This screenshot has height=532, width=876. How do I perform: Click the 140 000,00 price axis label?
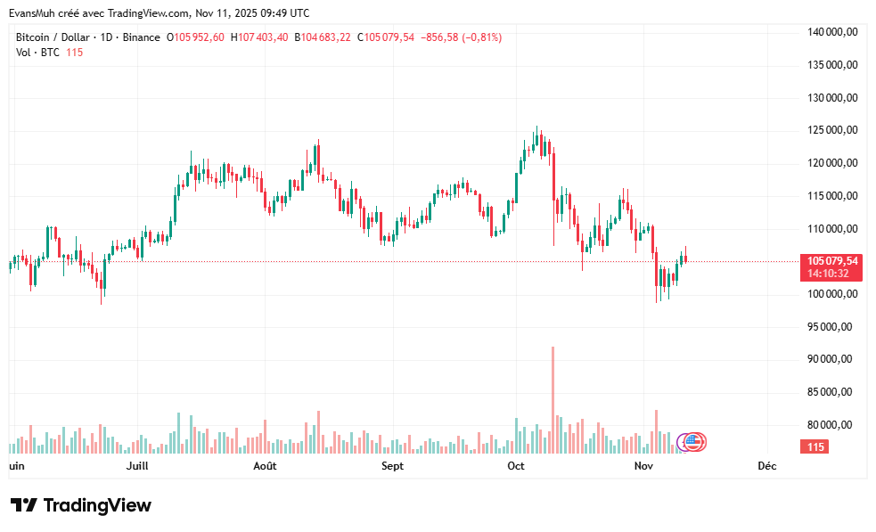(832, 32)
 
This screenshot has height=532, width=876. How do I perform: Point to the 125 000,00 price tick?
(832, 130)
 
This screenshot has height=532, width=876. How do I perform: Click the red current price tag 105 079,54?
(832, 261)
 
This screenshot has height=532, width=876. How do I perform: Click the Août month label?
(265, 466)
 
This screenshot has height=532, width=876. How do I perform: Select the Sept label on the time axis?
(392, 466)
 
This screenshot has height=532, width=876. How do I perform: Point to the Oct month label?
(516, 466)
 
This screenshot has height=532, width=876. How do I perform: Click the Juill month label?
(136, 466)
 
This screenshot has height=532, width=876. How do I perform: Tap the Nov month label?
(643, 466)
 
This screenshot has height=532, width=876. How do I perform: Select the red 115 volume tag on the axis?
(815, 446)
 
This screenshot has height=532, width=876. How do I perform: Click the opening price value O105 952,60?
(200, 37)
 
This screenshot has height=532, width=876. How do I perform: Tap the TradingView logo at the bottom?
(81, 505)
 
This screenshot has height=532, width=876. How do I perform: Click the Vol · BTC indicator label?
(37, 53)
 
